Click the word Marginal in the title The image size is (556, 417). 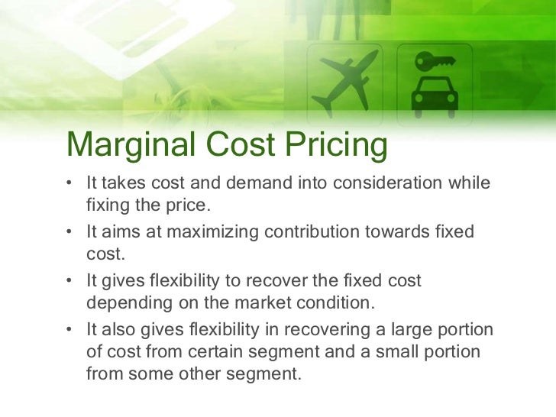point(121,146)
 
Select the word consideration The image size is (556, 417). point(392,184)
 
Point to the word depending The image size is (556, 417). point(124,302)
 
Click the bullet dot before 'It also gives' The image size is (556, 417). point(69,329)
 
